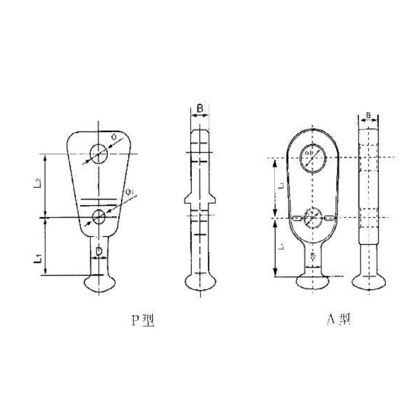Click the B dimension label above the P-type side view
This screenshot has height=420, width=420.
tap(199, 109)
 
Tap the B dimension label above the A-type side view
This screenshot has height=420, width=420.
tap(369, 115)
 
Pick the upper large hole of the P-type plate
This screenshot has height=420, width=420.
tap(98, 154)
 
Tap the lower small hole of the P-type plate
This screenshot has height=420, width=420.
tap(98, 216)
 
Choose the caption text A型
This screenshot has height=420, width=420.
tap(340, 319)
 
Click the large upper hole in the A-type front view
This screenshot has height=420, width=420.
tap(312, 158)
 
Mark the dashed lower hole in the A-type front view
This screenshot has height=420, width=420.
tap(312, 217)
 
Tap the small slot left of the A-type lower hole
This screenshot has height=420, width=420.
tap(297, 218)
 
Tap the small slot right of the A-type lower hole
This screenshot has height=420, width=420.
tap(328, 218)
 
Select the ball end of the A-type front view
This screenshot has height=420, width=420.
tap(312, 282)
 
